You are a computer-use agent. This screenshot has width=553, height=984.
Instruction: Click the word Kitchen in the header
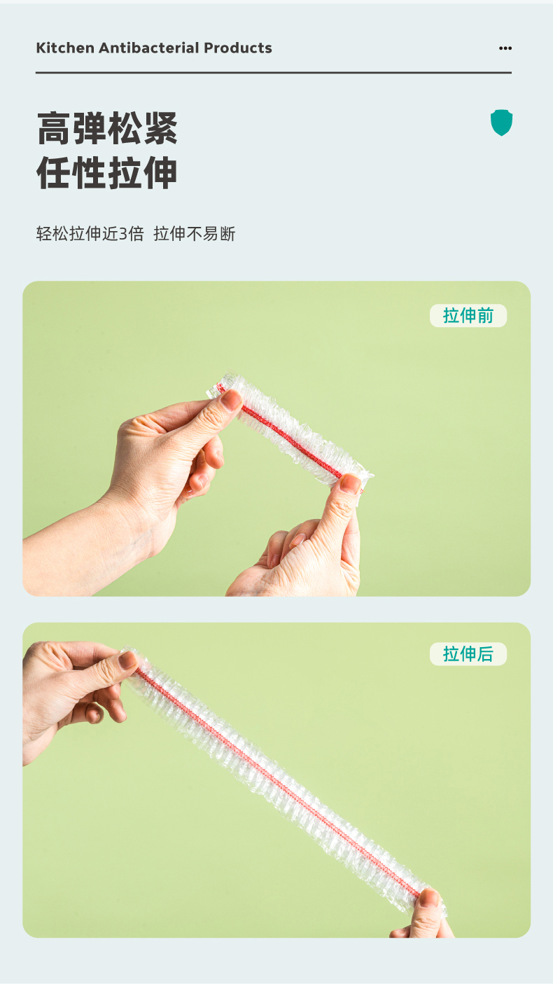click(65, 48)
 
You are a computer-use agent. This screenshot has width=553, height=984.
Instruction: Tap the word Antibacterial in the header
click(149, 48)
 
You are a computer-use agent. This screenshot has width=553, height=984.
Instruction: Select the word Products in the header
click(238, 48)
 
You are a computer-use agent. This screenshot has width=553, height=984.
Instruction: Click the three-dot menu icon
click(505, 48)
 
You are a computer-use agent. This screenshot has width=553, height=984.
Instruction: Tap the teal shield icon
click(501, 123)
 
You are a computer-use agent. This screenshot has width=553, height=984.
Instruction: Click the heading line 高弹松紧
click(107, 128)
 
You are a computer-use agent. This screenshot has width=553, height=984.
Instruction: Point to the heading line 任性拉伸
click(107, 173)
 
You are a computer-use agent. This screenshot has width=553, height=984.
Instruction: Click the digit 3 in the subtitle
click(123, 234)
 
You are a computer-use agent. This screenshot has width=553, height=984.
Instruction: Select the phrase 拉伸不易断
click(195, 234)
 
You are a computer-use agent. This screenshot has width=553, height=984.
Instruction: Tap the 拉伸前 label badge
click(468, 315)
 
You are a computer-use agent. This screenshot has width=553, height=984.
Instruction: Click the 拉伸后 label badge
click(468, 654)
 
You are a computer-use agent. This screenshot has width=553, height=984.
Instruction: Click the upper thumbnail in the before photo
click(231, 400)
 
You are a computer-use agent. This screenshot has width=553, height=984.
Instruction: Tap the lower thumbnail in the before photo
click(351, 484)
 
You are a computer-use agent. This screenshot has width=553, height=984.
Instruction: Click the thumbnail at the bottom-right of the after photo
click(429, 899)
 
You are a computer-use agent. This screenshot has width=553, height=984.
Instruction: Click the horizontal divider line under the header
click(274, 72)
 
